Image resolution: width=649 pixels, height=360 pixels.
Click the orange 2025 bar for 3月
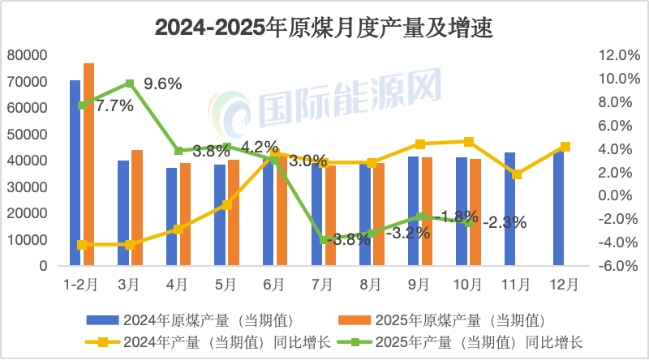pyautogui.click(x=137, y=208)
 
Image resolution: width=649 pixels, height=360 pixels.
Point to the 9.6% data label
pyautogui.click(x=162, y=84)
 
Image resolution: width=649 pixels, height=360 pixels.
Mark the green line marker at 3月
pyautogui.click(x=130, y=84)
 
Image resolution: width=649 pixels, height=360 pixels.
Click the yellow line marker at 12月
pyautogui.click(x=565, y=147)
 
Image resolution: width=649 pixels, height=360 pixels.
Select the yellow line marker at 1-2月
pyautogui.click(x=82, y=244)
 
